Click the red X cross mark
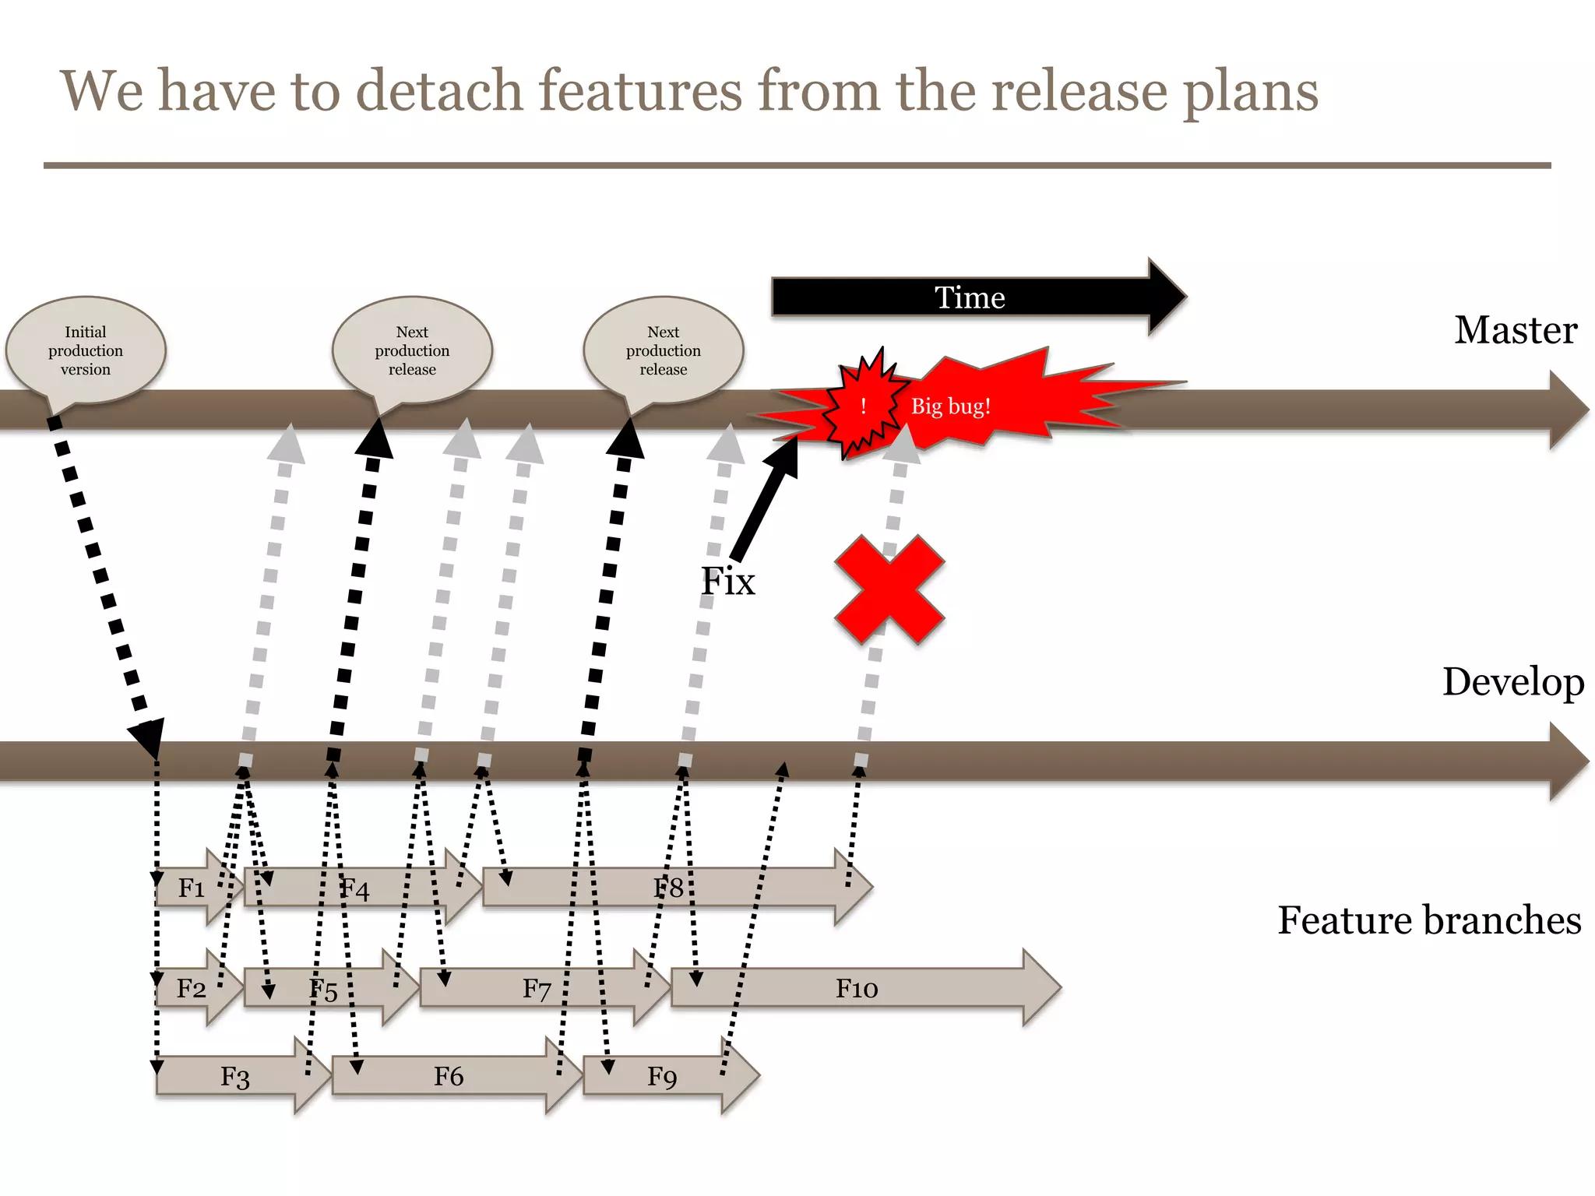point(889,589)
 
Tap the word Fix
point(727,581)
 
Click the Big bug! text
point(950,406)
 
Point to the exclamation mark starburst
point(863,405)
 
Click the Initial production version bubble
point(86,350)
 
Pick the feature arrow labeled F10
point(857,988)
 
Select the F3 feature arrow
point(234,1076)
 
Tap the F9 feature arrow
point(662,1076)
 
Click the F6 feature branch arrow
point(449,1076)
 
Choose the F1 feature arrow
point(192,888)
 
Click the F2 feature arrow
point(192,988)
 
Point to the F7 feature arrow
point(537,988)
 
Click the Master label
point(1515,330)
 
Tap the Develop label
point(1512,682)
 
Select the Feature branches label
point(1429,920)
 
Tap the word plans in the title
point(1250,91)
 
